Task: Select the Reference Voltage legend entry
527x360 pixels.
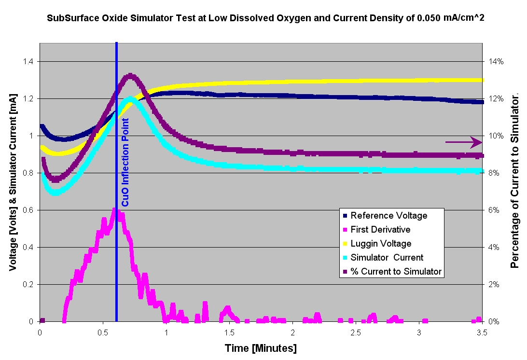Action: pos(388,215)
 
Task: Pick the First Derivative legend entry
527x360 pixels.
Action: pos(380,229)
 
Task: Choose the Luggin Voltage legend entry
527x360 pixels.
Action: pos(381,243)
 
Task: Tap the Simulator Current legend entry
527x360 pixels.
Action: pos(387,257)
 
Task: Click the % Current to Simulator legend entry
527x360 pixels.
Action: pos(396,271)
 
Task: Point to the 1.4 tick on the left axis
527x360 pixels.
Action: pos(28,62)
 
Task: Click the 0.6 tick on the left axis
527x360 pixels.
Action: pos(28,210)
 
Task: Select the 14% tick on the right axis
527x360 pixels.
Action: pos(497,62)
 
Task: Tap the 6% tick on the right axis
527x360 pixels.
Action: pos(495,210)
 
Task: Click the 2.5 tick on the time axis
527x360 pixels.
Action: pos(356,332)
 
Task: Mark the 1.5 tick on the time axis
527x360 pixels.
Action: pos(229,332)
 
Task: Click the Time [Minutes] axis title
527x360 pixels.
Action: pos(261,348)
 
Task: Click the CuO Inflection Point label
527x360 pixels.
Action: pos(125,163)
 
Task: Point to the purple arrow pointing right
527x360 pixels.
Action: pos(463,142)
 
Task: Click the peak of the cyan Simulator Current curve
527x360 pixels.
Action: pos(131,99)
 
